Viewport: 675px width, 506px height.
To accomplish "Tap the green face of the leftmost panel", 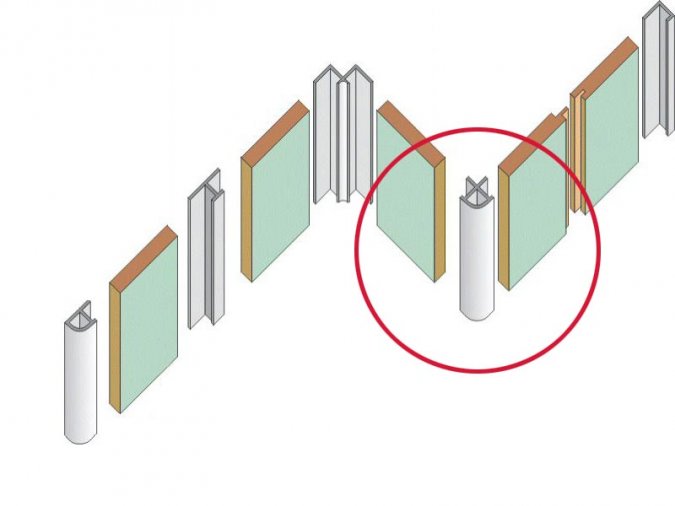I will click(x=149, y=320).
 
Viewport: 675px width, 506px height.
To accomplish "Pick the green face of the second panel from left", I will click(x=279, y=200).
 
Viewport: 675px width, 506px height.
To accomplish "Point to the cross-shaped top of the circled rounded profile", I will click(x=476, y=188).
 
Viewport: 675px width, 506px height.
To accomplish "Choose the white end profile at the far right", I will click(x=657, y=70).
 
